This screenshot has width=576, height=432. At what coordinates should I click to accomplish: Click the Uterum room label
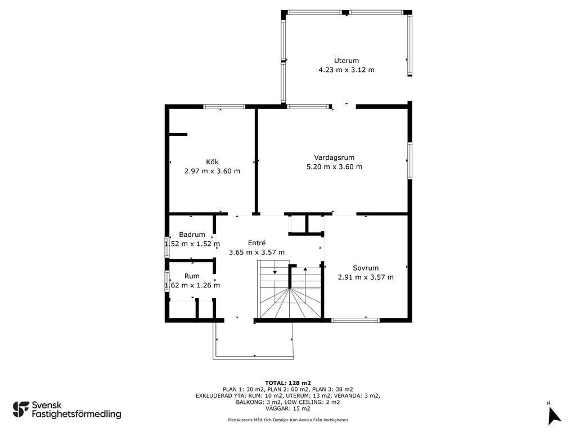346,61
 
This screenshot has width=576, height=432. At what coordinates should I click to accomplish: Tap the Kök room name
212,161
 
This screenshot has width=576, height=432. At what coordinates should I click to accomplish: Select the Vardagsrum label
334,157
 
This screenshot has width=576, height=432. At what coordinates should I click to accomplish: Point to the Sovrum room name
366,268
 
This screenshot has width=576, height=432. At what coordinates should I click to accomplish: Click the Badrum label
192,235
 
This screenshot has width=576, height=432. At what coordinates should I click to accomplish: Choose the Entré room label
256,243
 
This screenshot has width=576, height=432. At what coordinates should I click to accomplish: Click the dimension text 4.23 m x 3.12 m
346,70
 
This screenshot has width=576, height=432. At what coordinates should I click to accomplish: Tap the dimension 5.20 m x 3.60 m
334,166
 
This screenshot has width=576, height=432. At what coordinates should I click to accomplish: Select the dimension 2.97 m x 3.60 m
212,171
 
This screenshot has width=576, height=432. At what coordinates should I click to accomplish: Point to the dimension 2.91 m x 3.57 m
366,277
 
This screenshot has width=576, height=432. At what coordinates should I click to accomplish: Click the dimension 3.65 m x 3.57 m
256,253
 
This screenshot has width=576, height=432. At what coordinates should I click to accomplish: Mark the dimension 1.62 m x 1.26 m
192,285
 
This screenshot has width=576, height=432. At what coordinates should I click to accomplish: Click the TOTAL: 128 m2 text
288,383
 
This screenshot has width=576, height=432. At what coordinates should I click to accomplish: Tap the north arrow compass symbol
553,416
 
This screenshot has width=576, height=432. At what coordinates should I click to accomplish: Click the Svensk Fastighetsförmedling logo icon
21,409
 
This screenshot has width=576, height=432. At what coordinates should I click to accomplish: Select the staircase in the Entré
290,290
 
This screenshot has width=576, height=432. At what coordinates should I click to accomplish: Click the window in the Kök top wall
224,106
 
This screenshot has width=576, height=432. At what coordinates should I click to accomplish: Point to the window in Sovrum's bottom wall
355,320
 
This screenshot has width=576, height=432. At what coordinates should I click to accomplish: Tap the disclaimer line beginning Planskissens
287,420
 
